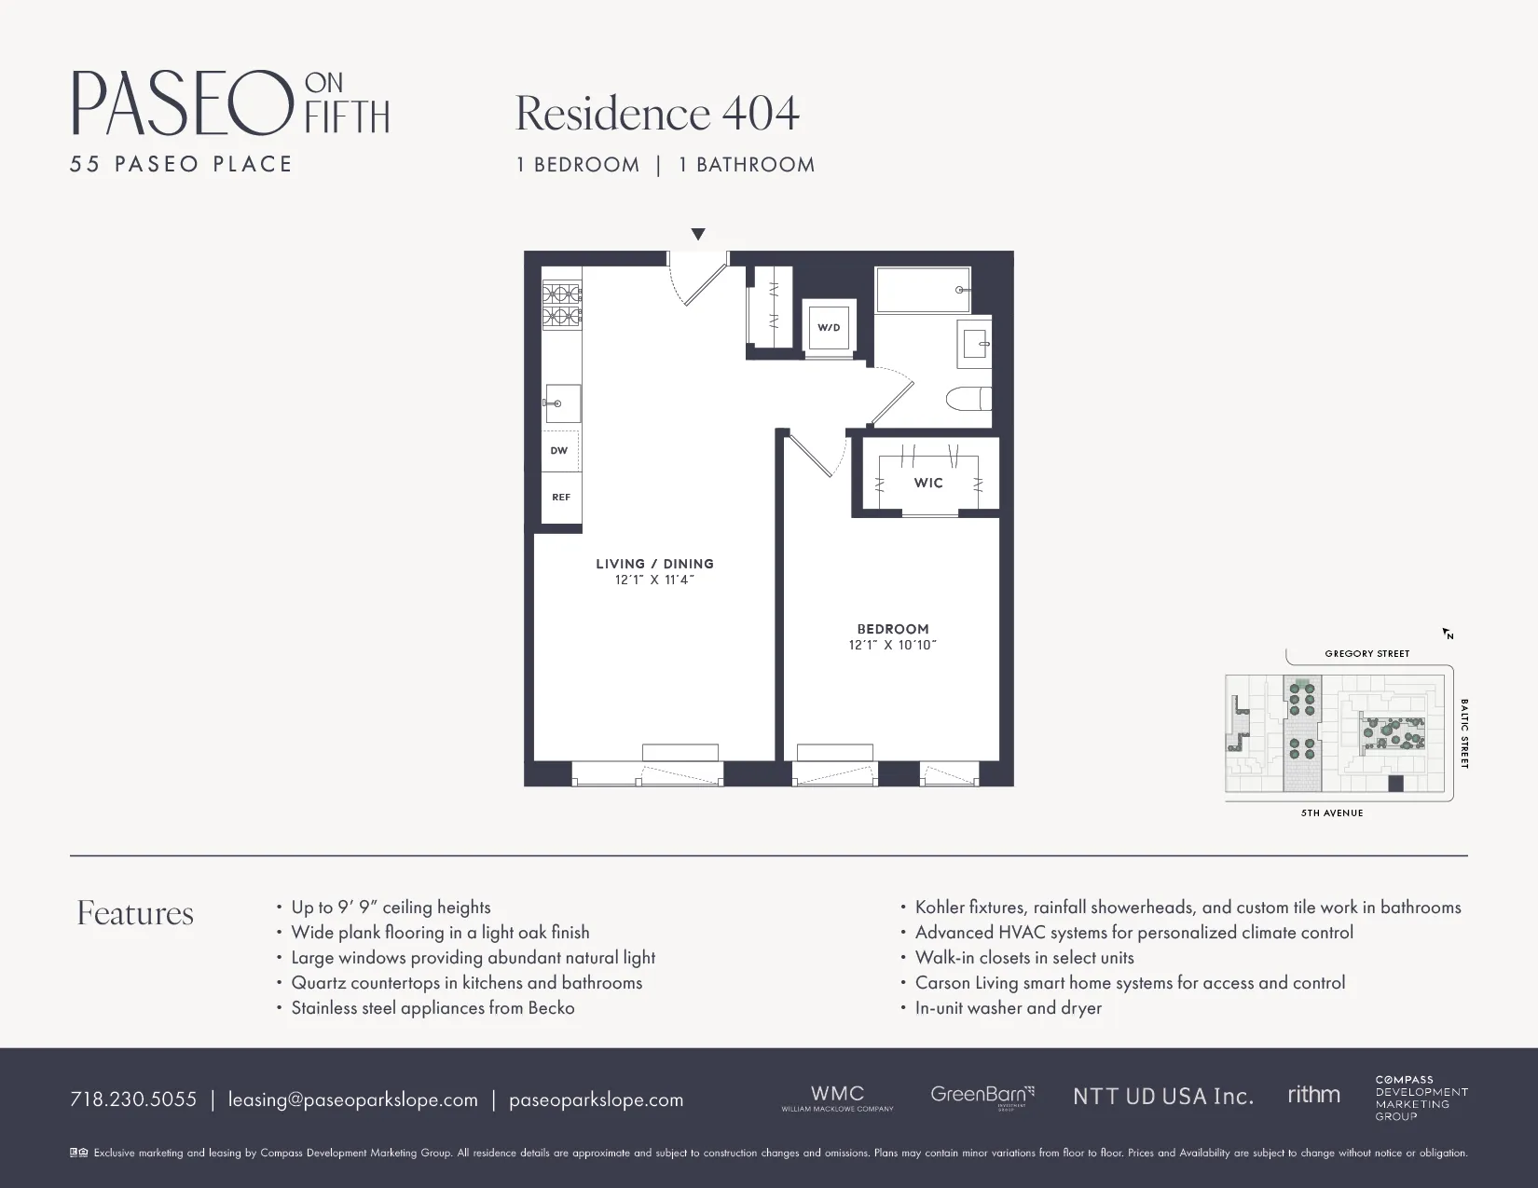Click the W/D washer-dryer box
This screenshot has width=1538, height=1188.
tap(829, 327)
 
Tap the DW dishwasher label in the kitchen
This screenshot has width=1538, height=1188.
tap(559, 451)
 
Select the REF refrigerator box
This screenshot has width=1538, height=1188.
tap(561, 498)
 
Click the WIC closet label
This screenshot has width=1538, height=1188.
tap(928, 483)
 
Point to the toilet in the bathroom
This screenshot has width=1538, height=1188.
tap(967, 401)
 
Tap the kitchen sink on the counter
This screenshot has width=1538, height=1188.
tap(562, 403)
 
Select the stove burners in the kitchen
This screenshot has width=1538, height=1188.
tap(562, 305)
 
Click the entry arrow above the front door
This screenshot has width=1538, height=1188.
tap(698, 235)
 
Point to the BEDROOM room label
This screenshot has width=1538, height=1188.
tap(893, 629)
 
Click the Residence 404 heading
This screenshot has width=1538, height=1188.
tap(657, 114)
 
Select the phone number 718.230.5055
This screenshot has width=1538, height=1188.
tap(133, 1099)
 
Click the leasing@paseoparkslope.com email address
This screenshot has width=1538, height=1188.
tap(352, 1099)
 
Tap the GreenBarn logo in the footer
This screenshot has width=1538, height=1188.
tap(982, 1096)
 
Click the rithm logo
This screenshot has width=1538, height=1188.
tap(1313, 1095)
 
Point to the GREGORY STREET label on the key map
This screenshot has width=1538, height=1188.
tap(1366, 654)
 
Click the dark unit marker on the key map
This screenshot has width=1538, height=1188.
tap(1395, 784)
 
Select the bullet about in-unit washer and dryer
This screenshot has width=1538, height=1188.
tap(1008, 1008)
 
